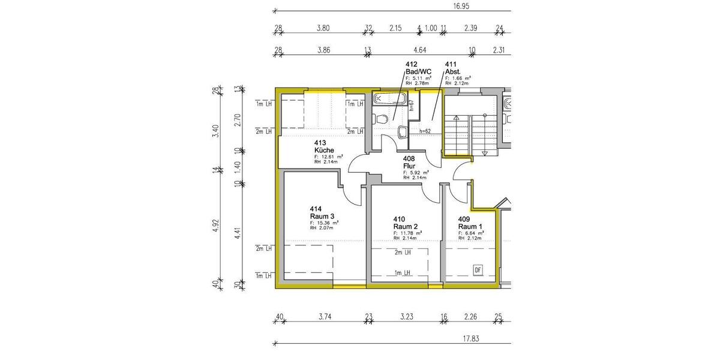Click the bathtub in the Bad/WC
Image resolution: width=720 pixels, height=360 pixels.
[x=390, y=98]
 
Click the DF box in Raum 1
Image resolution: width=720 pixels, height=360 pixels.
[x=478, y=270]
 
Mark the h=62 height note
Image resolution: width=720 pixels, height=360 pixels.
[x=425, y=131]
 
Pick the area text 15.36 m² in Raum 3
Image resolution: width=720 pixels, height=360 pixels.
[x=325, y=223]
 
